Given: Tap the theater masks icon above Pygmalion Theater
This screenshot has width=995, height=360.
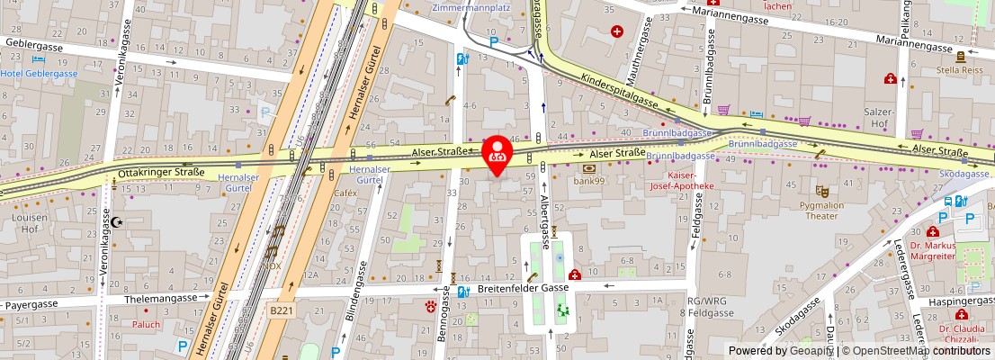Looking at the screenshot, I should pyautogui.click(x=821, y=191).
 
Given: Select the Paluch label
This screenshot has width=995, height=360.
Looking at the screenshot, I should pyautogui.click(x=146, y=324).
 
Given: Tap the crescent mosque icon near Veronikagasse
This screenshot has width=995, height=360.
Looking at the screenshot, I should pyautogui.click(x=113, y=221).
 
